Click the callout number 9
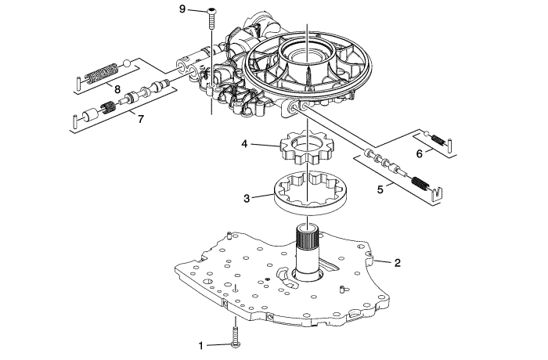pos(182,9)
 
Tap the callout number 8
pos(117,89)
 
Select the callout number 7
pos(140,119)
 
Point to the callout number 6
pos(420,153)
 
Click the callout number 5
pos(380,189)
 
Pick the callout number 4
pos(244,144)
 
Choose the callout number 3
pos(247,199)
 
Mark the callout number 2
pos(398,263)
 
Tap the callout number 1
pos(201,346)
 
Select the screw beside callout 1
pos(236,337)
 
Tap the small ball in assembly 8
pos(128,63)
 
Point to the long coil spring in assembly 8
pos(101,74)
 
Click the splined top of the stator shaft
pos(308,236)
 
